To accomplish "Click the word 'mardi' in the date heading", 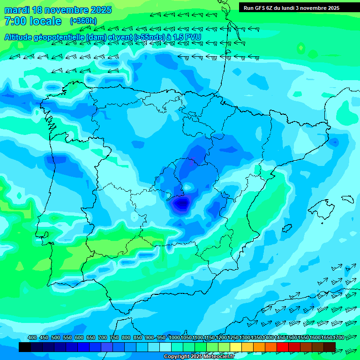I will pos(16,10).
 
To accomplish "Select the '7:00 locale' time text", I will pos(33,21).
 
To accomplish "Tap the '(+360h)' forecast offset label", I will pos(83,21).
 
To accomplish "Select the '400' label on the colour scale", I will pos(32,337).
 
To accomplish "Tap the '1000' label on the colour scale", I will pos(174,337).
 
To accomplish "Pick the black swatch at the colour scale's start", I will pos(25,347).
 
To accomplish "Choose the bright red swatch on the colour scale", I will pos(283,347).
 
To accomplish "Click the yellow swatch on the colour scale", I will pos(236,347).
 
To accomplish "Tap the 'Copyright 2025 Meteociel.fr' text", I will pos(199,357).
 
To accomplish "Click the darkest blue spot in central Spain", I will pos(181,203).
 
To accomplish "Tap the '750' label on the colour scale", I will pos(114,337).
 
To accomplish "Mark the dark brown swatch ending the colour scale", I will pos(330,347).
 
